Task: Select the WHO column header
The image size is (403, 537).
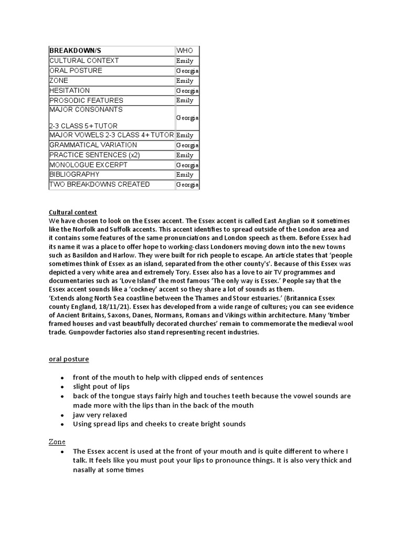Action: [185, 51]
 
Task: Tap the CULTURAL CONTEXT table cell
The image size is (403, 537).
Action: [84, 61]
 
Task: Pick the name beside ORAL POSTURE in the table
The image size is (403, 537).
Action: [187, 71]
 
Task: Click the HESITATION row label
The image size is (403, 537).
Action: [69, 91]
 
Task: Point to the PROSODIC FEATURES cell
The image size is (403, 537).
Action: [86, 100]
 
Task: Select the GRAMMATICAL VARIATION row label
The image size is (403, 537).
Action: [93, 145]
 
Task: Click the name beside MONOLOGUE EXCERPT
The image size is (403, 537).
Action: [187, 165]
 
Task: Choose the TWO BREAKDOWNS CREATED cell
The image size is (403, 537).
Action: [99, 185]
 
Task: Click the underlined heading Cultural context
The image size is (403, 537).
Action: [73, 212]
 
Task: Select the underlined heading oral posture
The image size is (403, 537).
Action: [69, 359]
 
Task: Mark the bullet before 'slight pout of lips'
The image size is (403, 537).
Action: [62, 387]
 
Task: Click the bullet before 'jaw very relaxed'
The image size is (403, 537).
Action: [62, 415]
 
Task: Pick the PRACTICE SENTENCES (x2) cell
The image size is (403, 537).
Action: [88, 155]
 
